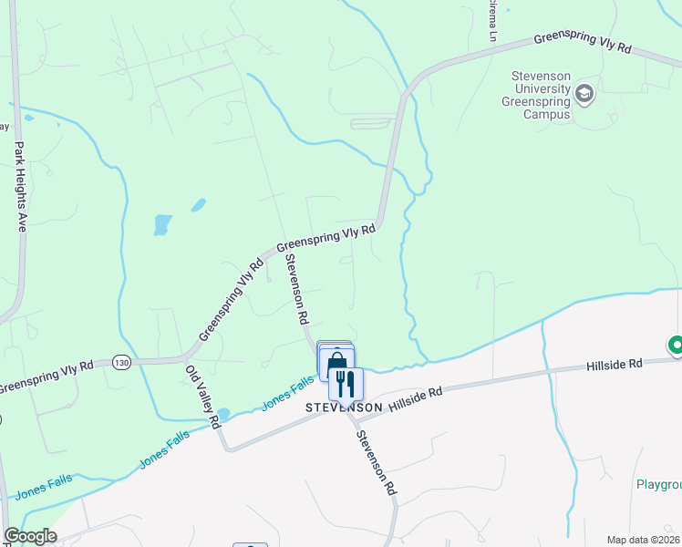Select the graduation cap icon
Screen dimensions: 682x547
pyautogui.click(x=584, y=92)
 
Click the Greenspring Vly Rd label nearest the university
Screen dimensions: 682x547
pyautogui.click(x=582, y=42)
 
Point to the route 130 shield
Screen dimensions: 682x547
pyautogui.click(x=121, y=363)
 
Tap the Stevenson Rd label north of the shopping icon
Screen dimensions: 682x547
pyautogui.click(x=296, y=290)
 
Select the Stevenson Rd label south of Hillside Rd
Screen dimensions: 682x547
pyautogui.click(x=376, y=462)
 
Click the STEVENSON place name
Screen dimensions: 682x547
pyautogui.click(x=343, y=407)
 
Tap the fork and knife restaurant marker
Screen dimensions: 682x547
pyautogui.click(x=346, y=384)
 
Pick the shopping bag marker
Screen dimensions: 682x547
pyautogui.click(x=336, y=361)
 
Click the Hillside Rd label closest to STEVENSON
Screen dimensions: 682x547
pyautogui.click(x=415, y=397)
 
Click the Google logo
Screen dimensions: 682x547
pyautogui.click(x=30, y=537)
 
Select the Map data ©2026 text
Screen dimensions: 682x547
pyautogui.click(x=643, y=540)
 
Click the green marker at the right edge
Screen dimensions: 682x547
pyautogui.click(x=676, y=346)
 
